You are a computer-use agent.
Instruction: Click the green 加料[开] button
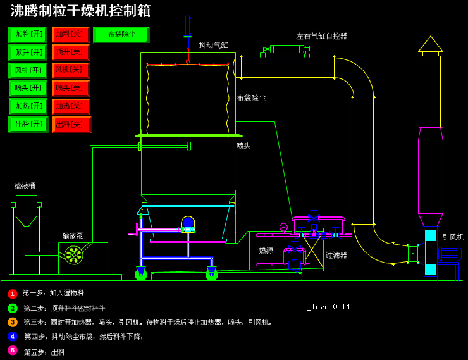28,35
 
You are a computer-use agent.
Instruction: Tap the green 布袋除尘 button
121,35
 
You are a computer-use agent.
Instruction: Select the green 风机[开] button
28,70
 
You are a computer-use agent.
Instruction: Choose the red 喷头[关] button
70,89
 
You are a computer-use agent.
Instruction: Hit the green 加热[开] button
28,106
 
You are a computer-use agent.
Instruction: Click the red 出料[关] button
71,125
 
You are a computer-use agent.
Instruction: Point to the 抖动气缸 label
213,46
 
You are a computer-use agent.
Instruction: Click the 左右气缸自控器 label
321,37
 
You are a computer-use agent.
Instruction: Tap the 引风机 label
452,237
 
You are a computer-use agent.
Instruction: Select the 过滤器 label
336,256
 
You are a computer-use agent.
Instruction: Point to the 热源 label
266,251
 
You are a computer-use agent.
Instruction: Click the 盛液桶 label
25,186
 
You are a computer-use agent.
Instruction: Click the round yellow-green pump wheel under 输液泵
73,255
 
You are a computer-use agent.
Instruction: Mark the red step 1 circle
13,294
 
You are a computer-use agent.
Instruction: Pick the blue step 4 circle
13,337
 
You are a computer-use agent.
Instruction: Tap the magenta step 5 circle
13,351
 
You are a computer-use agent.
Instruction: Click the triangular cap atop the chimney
430,44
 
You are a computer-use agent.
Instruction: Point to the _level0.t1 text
328,307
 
